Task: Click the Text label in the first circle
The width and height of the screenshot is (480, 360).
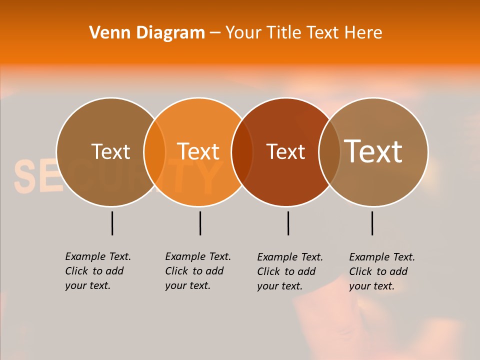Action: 110,151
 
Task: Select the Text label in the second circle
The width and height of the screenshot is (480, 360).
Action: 198,151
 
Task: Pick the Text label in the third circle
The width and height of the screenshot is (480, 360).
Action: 286,151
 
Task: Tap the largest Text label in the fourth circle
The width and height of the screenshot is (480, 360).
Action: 373,151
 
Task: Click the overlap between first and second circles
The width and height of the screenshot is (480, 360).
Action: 154,152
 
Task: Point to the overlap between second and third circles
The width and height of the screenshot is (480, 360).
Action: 242,152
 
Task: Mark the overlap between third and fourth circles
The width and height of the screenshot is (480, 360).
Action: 329,152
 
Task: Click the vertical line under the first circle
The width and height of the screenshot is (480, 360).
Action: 112,223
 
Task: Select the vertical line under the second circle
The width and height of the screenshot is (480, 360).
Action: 200,223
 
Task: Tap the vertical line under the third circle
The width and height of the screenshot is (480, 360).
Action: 288,223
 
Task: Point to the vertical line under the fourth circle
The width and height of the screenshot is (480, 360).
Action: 372,223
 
